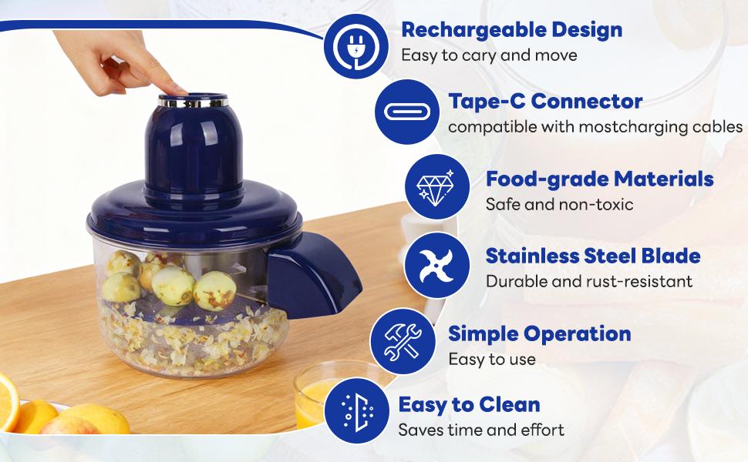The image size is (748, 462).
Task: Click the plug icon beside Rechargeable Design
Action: pyautogui.click(x=355, y=46)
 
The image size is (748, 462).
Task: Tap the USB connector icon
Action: pyautogui.click(x=406, y=111)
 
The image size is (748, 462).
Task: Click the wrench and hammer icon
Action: pyautogui.click(x=402, y=341)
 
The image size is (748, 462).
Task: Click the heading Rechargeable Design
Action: pyautogui.click(x=511, y=31)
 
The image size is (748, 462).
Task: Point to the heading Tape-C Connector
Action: pyautogui.click(x=545, y=101)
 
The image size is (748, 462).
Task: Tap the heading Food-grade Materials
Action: pyautogui.click(x=599, y=179)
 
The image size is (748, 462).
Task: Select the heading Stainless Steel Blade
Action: pyautogui.click(x=592, y=256)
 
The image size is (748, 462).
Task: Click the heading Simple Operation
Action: pyautogui.click(x=539, y=333)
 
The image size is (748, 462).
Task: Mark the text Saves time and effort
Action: pyautogui.click(x=481, y=430)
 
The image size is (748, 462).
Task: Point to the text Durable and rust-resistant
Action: pyautogui.click(x=588, y=281)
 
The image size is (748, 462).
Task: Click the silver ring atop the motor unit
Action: pyautogui.click(x=194, y=101)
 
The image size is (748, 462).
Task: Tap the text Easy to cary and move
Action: pyautogui.click(x=489, y=55)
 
